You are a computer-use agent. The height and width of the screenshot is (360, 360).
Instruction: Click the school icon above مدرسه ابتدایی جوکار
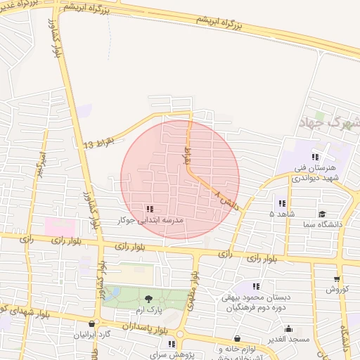tap(149, 209)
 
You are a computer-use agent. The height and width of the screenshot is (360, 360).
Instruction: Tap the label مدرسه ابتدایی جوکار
tap(149, 220)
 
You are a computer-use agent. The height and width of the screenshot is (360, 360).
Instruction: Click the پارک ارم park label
tap(148, 310)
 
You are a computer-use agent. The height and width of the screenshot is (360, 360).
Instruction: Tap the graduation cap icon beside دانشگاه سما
tap(322, 214)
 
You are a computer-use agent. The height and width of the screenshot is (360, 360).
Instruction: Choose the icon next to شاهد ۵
tap(282, 203)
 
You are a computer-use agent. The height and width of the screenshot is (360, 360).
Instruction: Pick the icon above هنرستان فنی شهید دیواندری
tap(316, 157)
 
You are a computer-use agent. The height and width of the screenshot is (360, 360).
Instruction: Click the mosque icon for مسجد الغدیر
tap(289, 328)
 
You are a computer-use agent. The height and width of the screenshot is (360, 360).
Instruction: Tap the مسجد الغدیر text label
tap(289, 340)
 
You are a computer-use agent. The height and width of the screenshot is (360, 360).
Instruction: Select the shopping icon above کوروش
tap(337, 279)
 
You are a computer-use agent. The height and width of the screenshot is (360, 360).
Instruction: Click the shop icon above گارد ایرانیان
tap(92, 324)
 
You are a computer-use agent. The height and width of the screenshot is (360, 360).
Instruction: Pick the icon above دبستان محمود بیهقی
tap(256, 286)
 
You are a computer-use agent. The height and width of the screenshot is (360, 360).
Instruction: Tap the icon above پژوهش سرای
tap(172, 344)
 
